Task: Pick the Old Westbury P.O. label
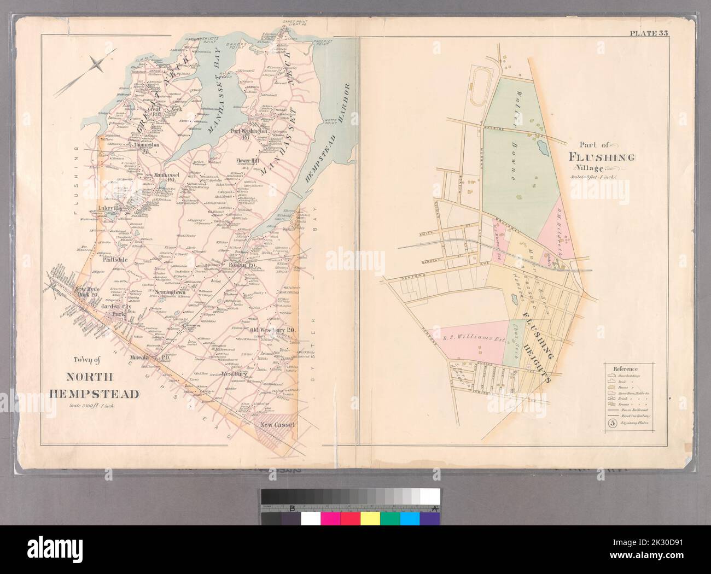272,330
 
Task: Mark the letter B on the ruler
292,509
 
